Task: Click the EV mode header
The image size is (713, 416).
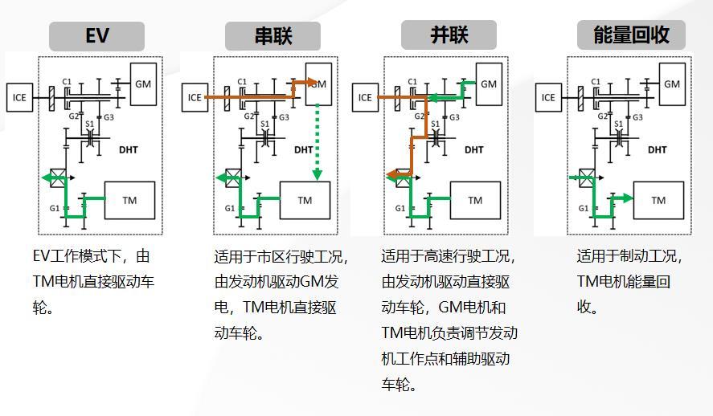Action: coord(96,36)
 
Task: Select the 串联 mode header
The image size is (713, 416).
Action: coord(272,36)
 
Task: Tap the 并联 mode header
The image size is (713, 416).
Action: coord(449,35)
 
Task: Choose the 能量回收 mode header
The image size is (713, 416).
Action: coord(631,35)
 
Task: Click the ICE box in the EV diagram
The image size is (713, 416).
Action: coord(19,97)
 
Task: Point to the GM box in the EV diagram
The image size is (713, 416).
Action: coord(143,84)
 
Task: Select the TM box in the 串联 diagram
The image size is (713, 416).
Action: coord(305,200)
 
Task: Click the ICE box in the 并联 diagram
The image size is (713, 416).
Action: coord(365,97)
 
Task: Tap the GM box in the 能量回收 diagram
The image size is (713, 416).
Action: coord(672,84)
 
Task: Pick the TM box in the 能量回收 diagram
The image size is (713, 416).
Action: coord(658,200)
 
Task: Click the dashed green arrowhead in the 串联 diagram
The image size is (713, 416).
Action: coord(318,175)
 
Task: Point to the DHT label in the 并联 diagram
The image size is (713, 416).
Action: coord(473,150)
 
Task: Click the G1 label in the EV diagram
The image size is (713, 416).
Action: coord(55,209)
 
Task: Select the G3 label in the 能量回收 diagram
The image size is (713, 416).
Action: coord(637,117)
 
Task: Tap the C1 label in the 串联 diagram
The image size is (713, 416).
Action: coord(242,82)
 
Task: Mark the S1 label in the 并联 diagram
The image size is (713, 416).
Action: coord(435,124)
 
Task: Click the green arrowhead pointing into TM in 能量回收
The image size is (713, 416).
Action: coord(628,198)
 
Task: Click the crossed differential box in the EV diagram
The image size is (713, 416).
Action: coord(58,177)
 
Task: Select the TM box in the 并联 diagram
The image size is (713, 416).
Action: coord(475,200)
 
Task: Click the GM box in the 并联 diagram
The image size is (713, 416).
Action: coord(489,84)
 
